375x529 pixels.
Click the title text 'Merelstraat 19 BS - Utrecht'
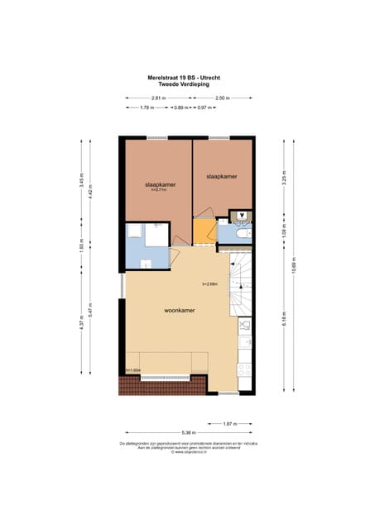(189, 78)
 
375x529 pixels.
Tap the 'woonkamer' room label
(180, 312)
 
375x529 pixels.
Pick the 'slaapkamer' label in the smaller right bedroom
(222, 176)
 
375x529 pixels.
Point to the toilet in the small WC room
(241, 217)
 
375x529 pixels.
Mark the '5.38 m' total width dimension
(189, 431)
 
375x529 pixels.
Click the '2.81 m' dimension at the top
(158, 98)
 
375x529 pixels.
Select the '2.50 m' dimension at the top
(222, 98)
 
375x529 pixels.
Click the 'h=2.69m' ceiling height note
(209, 284)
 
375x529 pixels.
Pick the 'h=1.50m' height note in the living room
(133, 369)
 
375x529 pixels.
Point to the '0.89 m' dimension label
(180, 107)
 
